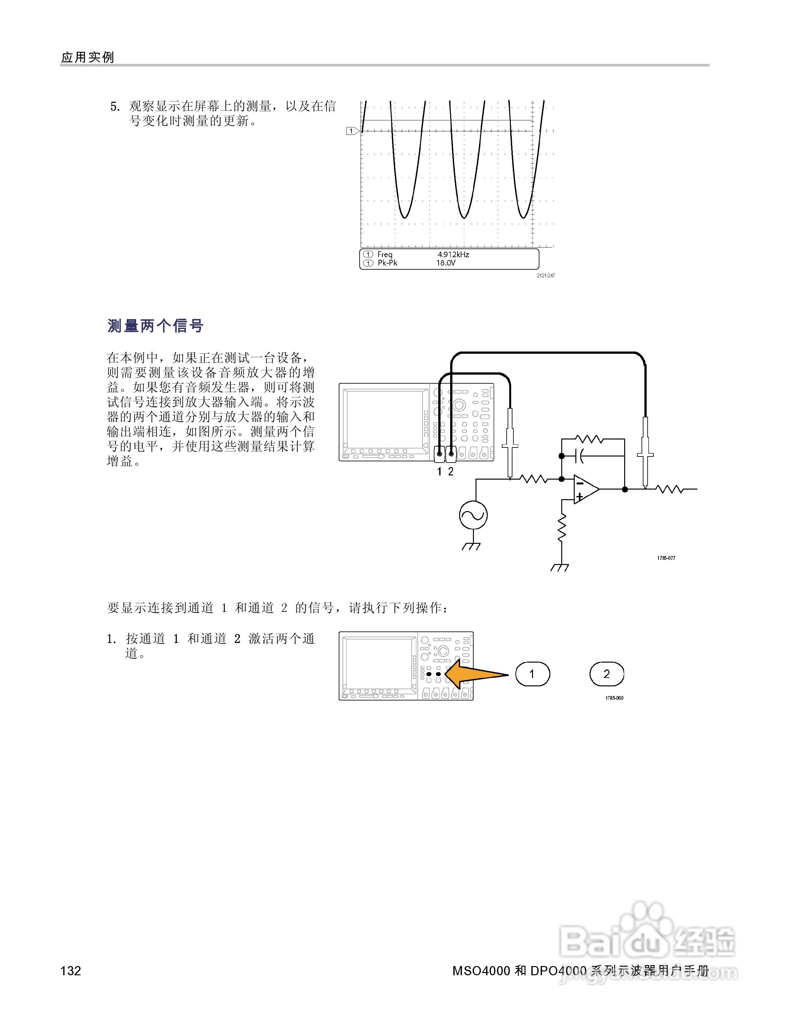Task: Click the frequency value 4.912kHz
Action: pyautogui.click(x=453, y=254)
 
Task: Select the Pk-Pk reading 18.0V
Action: pyautogui.click(x=446, y=263)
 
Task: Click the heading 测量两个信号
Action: pyautogui.click(x=155, y=326)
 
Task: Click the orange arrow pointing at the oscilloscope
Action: pyautogui.click(x=475, y=674)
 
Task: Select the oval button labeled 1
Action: pyautogui.click(x=532, y=674)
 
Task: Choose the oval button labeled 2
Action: pyautogui.click(x=606, y=674)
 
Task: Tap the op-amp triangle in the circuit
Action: pyautogui.click(x=585, y=489)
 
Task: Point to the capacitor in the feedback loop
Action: pyautogui.click(x=580, y=456)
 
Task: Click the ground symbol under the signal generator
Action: pyautogui.click(x=471, y=546)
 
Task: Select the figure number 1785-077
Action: pyautogui.click(x=666, y=558)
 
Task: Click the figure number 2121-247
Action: pyautogui.click(x=545, y=276)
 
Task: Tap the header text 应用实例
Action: pyautogui.click(x=88, y=57)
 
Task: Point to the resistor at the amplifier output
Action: pyautogui.click(x=669, y=489)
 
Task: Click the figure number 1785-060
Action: pyautogui.click(x=614, y=698)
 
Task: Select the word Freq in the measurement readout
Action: pyautogui.click(x=385, y=254)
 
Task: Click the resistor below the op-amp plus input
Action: pyautogui.click(x=562, y=527)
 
